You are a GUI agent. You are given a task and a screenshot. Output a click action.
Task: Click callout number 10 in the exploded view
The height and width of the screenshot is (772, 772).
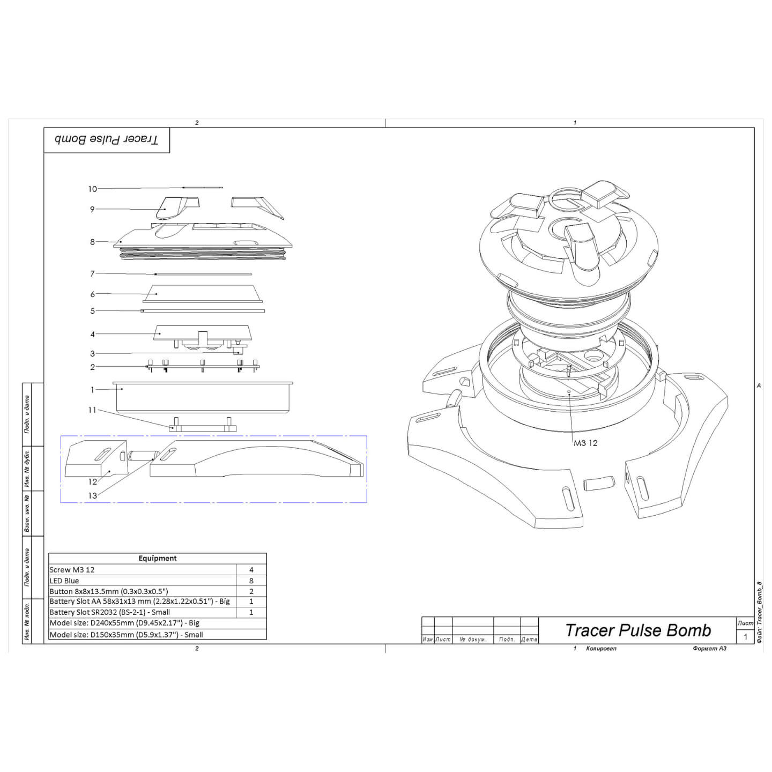coord(93,189)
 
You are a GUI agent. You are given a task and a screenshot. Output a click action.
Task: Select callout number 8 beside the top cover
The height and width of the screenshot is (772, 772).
coord(93,242)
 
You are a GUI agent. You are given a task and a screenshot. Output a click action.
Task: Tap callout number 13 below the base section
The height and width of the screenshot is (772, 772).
coord(93,495)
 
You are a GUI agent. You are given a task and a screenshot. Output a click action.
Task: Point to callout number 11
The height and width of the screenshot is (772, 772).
coord(92,410)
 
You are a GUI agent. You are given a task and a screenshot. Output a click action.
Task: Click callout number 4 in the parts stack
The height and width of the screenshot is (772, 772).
coord(93,334)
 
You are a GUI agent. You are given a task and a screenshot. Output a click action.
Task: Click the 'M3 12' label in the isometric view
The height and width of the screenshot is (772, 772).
coord(585,443)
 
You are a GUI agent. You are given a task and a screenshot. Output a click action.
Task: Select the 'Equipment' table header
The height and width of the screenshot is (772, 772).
coord(158,558)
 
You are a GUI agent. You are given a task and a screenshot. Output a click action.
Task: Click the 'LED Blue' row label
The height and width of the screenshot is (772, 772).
coord(64,581)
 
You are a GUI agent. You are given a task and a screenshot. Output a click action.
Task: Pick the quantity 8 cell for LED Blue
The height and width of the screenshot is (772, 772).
coord(251,581)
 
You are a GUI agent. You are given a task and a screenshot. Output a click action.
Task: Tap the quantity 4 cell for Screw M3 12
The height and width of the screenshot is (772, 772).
coord(251,569)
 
